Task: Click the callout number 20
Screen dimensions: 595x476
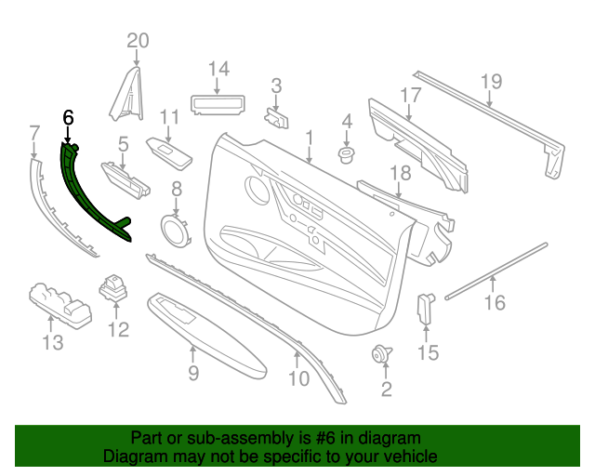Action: (x=138, y=40)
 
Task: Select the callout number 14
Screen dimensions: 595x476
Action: (x=218, y=68)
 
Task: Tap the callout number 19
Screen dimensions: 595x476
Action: (x=491, y=81)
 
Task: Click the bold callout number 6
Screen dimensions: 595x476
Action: (x=67, y=118)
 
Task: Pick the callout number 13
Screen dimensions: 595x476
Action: (x=52, y=343)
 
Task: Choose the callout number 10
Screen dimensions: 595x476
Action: (x=298, y=378)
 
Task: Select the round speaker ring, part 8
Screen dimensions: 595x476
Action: (x=173, y=228)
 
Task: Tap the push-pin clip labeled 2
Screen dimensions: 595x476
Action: (x=381, y=354)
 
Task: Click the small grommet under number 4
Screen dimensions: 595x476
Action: (x=348, y=153)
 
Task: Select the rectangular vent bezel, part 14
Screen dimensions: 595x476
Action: (x=218, y=100)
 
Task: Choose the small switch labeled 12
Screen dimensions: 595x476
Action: (x=116, y=287)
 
